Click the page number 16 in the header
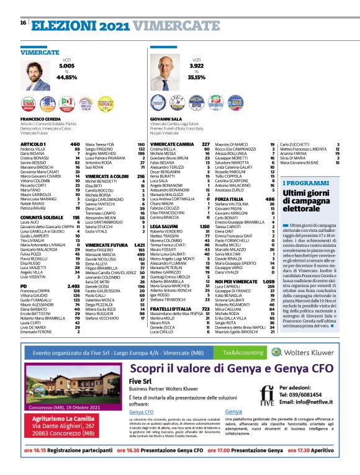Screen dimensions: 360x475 tap(23, 23)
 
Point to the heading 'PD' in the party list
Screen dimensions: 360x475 tap(24, 268)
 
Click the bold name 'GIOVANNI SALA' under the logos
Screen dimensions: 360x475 tap(166, 118)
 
